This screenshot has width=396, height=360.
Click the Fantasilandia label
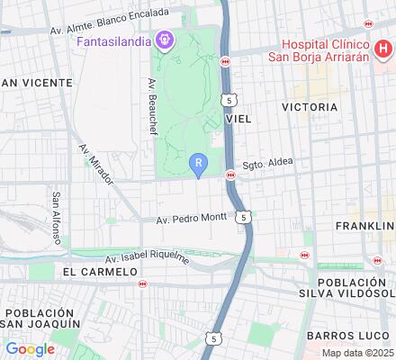pyautogui.click(x=114, y=41)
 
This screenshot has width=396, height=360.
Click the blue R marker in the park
pyautogui.click(x=200, y=164)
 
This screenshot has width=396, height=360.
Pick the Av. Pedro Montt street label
pyautogui.click(x=191, y=219)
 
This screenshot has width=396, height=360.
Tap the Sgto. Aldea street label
pyautogui.click(x=268, y=165)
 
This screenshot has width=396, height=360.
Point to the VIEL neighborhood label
pyautogui.click(x=238, y=118)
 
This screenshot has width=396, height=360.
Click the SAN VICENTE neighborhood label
pyautogui.click(x=36, y=83)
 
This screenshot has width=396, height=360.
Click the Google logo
pyautogui.click(x=30, y=349)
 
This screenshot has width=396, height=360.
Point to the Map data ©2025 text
pyautogui.click(x=358, y=353)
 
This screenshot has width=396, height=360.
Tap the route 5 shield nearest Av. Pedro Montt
pyautogui.click(x=243, y=217)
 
